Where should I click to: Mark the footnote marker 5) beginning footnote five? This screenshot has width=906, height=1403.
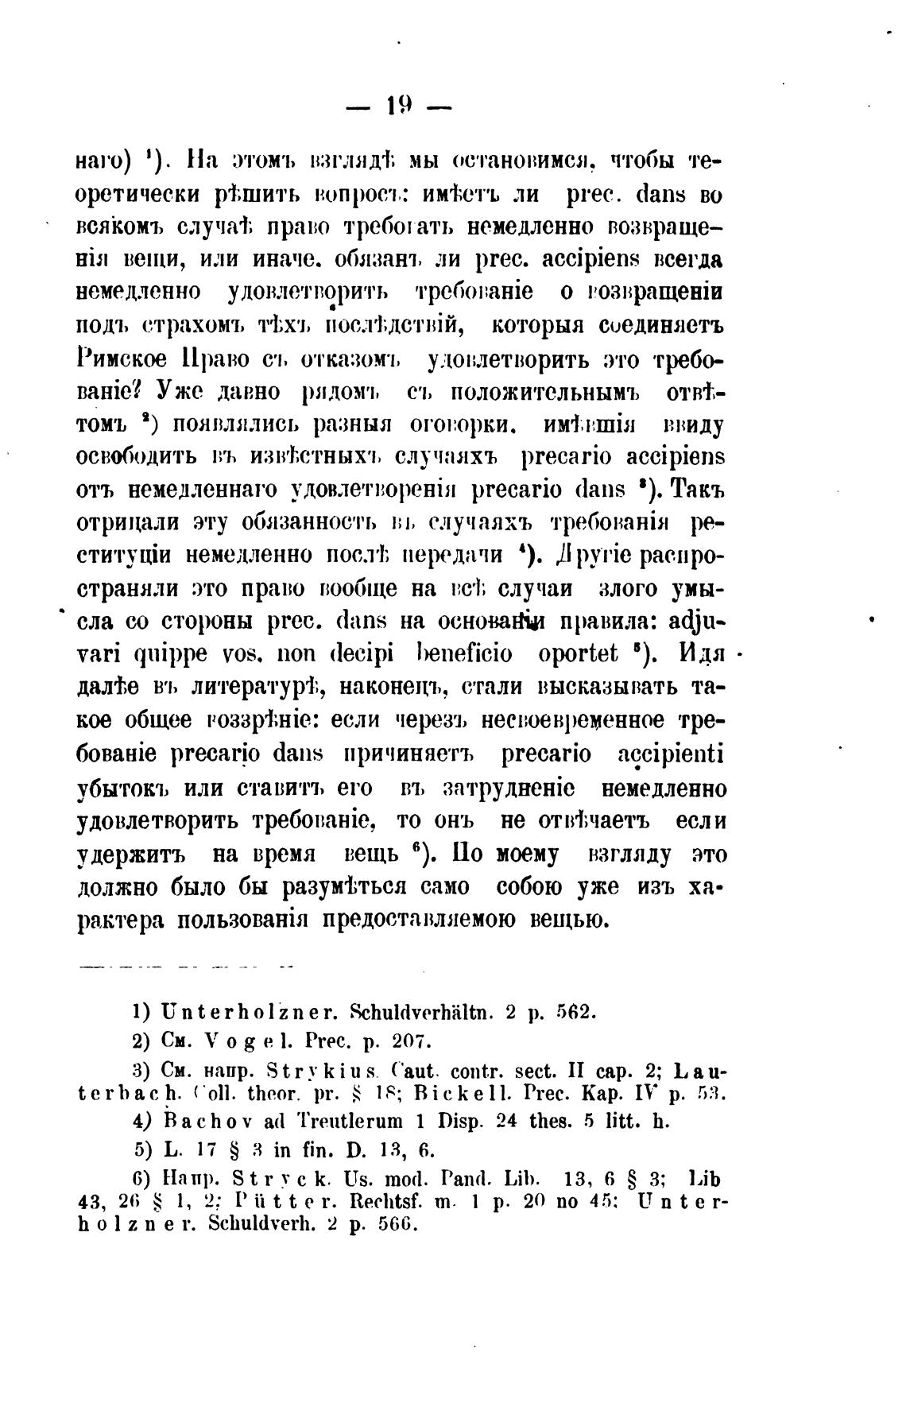pos(143,1149)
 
